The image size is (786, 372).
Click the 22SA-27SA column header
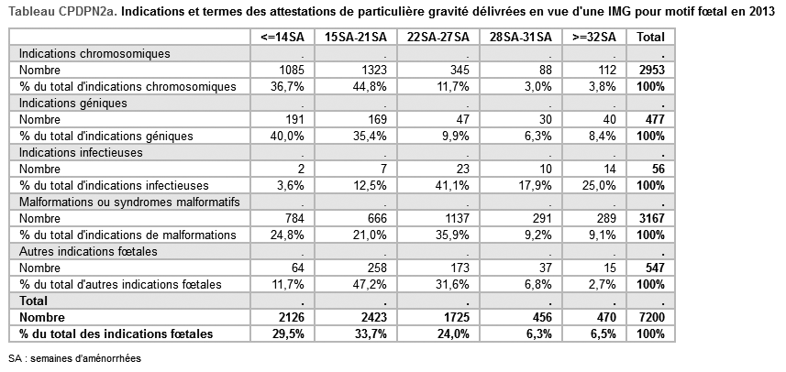click(x=438, y=37)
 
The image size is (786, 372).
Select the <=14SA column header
click(x=282, y=37)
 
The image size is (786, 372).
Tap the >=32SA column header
click(x=594, y=37)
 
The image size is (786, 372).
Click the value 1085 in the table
click(x=289, y=71)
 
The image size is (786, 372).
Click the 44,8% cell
click(x=370, y=87)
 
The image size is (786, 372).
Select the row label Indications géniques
click(x=73, y=104)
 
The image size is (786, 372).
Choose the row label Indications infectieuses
click(x=81, y=153)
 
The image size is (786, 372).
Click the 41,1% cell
click(x=452, y=186)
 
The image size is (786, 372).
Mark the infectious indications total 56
click(x=658, y=170)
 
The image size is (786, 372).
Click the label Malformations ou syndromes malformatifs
click(x=129, y=202)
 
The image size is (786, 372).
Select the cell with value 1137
click(x=454, y=219)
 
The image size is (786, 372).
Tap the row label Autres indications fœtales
click(x=88, y=251)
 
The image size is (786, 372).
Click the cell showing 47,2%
click(x=370, y=285)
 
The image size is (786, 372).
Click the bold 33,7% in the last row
click(x=370, y=334)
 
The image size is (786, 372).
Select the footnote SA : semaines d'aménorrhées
click(x=74, y=359)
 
